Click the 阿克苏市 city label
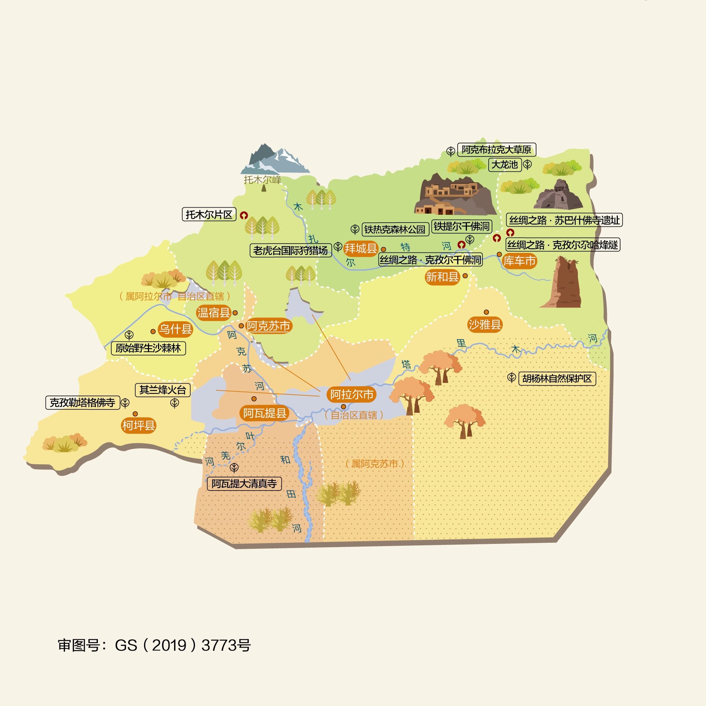(268, 326)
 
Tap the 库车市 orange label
(519, 261)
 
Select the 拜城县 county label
(360, 248)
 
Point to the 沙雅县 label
(484, 325)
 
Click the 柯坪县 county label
(139, 425)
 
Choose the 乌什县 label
(175, 329)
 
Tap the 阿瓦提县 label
(264, 413)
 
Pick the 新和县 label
(442, 277)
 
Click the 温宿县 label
(214, 312)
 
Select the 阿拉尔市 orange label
(352, 394)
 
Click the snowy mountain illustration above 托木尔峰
(275, 159)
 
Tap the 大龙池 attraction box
(505, 165)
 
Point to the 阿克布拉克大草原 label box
(496, 150)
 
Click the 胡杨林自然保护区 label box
(557, 379)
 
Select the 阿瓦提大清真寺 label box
(244, 484)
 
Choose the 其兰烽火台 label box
(162, 390)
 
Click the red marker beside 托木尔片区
(244, 215)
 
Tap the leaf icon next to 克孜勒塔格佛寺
(126, 403)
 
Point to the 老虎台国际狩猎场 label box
(290, 250)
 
